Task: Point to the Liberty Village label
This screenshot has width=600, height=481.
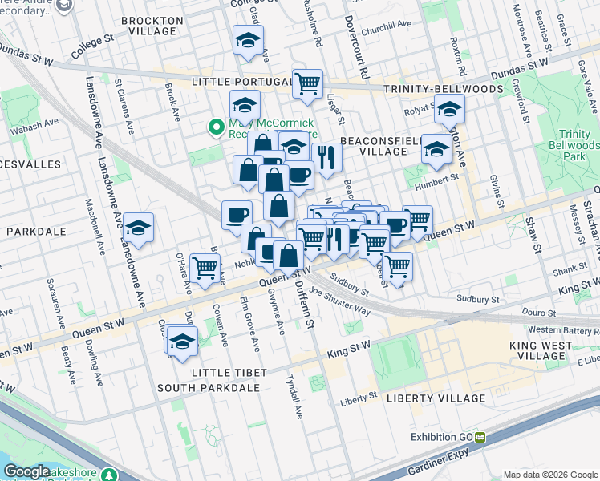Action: pyautogui.click(x=436, y=398)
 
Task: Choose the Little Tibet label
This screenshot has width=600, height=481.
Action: pyautogui.click(x=225, y=373)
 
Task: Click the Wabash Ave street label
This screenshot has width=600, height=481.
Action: pyautogui.click(x=34, y=126)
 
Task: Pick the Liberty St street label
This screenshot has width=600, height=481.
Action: pyautogui.click(x=359, y=397)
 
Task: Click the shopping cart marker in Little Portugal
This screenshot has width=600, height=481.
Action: pyautogui.click(x=307, y=83)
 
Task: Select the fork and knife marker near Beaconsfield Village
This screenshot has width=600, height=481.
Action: pyautogui.click(x=326, y=156)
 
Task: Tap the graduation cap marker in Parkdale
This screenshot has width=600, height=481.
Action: pyautogui.click(x=139, y=228)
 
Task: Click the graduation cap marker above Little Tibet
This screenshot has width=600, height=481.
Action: pyautogui.click(x=183, y=340)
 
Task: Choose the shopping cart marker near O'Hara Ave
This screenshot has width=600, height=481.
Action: pyautogui.click(x=206, y=268)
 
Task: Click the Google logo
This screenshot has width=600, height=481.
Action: pyautogui.click(x=27, y=471)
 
